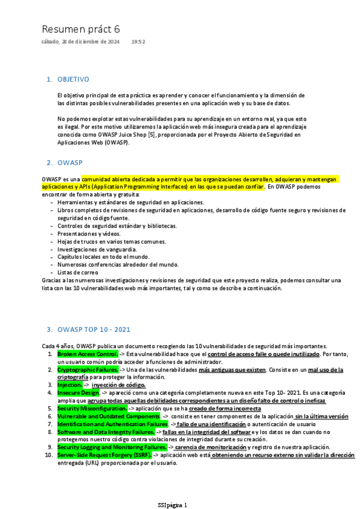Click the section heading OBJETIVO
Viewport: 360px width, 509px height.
73,79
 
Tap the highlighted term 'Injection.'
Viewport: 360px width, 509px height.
70,385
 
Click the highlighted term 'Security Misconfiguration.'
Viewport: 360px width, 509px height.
92,408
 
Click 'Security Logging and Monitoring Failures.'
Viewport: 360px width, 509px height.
112,447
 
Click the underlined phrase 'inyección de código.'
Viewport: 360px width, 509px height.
118,385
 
